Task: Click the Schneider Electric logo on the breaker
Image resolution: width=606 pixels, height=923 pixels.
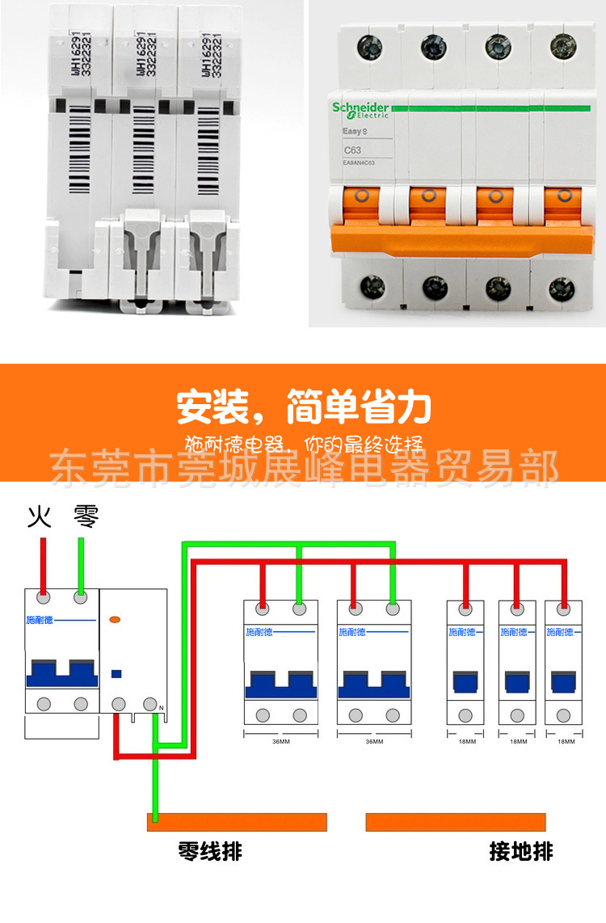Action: tap(360, 110)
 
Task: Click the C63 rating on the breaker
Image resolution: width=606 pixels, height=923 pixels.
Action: tap(353, 150)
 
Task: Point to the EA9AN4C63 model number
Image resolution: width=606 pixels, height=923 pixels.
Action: tap(360, 163)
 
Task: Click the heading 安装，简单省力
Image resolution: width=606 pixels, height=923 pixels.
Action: tap(304, 408)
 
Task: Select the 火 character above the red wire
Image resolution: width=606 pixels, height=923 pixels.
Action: tap(40, 516)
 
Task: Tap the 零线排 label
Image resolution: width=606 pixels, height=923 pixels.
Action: tap(210, 851)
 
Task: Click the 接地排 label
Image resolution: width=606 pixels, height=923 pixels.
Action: tap(521, 851)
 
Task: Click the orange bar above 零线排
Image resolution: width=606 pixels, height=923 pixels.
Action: tap(237, 822)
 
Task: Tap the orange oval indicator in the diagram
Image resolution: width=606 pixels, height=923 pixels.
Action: tap(116, 619)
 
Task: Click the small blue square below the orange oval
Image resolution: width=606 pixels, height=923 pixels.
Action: tap(116, 672)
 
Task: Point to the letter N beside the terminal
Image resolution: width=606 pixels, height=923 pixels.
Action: tap(161, 709)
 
